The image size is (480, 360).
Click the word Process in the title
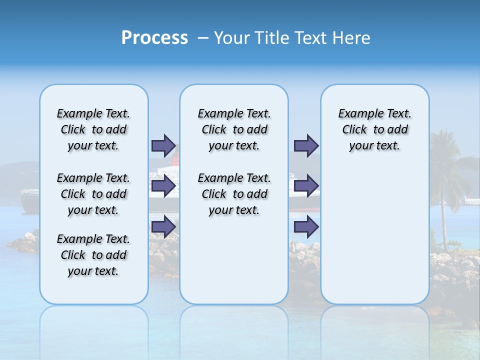(154, 37)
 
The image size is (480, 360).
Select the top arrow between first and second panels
(163, 145)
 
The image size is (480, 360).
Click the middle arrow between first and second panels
(163, 186)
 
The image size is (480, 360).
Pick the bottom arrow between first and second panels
(163, 226)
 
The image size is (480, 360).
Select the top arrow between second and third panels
(306, 145)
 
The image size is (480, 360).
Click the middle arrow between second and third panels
(306, 186)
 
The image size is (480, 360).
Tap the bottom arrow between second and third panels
(306, 226)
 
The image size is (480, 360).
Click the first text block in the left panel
(93, 129)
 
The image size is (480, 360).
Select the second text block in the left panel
(93, 194)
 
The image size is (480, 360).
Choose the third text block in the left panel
(93, 255)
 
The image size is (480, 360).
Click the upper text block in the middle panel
(234, 129)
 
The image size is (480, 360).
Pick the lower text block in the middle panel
(234, 194)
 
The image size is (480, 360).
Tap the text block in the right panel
(374, 129)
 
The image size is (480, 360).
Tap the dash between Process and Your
(203, 38)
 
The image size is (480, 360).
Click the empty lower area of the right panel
(374, 240)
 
